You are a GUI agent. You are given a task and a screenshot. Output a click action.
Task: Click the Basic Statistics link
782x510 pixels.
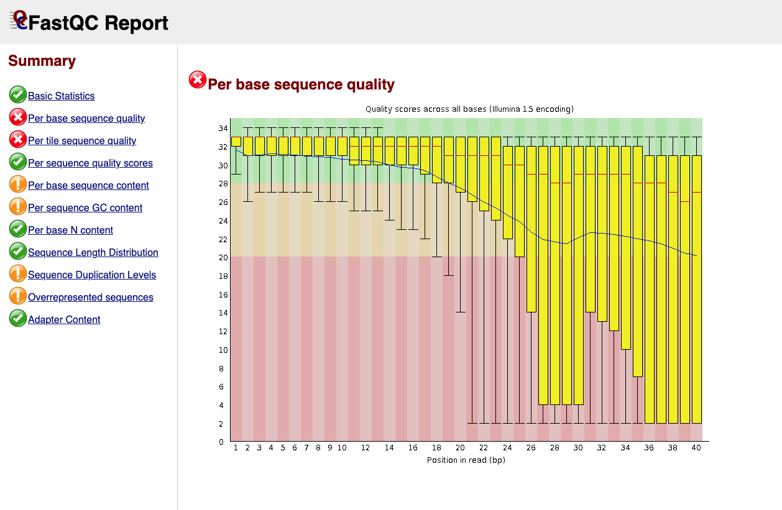61,96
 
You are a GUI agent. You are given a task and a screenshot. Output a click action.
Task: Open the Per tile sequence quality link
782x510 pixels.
82,141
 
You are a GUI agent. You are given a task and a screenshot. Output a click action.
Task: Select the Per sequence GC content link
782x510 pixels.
85,208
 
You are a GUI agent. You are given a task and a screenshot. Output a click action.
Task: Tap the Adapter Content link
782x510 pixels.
64,320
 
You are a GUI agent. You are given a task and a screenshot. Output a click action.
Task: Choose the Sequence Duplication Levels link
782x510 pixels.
92,275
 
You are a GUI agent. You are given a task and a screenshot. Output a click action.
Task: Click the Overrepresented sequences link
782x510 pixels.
91,298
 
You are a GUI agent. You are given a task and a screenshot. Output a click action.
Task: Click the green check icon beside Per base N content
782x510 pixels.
18,229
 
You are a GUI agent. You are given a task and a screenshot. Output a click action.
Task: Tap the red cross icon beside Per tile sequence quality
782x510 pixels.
18,140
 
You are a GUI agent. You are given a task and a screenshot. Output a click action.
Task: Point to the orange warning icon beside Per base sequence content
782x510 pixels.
18,184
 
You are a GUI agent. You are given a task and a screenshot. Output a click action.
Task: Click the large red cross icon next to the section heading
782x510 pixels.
198,80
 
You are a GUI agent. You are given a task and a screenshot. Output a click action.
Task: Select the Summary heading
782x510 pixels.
42,61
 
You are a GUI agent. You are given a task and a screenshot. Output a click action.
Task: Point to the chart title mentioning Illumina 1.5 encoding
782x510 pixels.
469,109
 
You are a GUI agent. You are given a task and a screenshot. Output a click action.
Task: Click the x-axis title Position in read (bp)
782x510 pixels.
466,460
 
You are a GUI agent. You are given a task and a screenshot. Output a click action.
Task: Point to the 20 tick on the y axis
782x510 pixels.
222,257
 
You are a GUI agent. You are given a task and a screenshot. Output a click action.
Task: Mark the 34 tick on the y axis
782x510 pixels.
222,129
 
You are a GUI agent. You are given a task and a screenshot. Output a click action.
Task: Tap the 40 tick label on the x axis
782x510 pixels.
697,447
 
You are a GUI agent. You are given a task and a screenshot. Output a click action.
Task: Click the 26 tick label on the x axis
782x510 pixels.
531,447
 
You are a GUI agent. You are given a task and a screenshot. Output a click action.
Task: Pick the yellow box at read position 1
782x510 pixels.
236,142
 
